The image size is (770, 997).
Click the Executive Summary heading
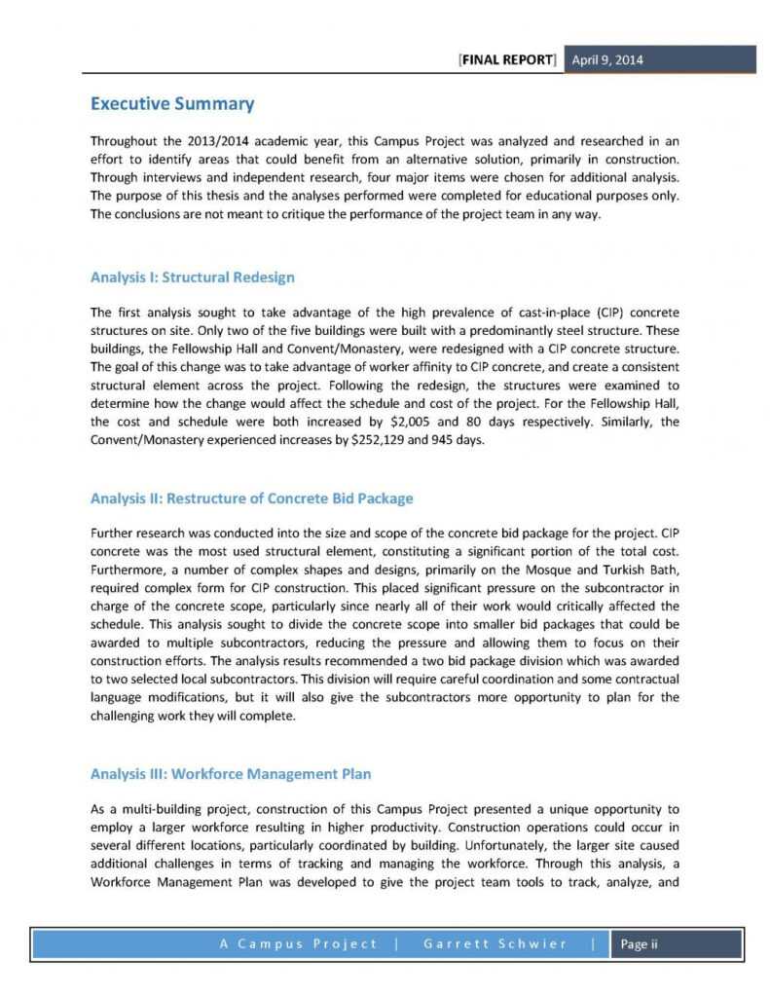171,104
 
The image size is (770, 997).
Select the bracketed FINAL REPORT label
507,59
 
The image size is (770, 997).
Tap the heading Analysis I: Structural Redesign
192,277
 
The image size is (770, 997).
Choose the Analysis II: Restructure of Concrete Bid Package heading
251,498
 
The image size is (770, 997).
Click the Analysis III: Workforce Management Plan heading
230,774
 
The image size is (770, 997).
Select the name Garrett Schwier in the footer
495,944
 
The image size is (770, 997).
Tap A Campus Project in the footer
300,944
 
